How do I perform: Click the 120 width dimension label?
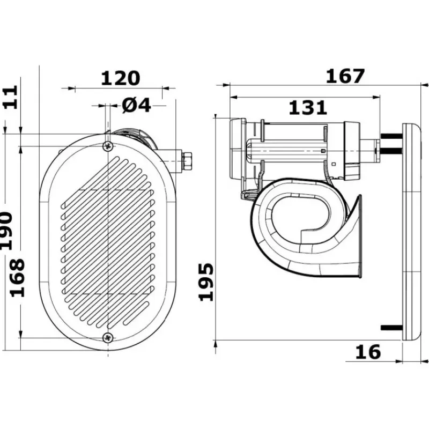121,78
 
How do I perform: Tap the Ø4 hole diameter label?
136,105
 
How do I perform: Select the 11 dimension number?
11,97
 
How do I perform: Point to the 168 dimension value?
18,278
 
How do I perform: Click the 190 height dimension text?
6,231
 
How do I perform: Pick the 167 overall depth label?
345,76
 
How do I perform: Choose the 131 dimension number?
308,107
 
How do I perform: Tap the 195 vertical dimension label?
206,282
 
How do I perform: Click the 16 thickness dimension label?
368,352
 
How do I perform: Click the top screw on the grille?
108,146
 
